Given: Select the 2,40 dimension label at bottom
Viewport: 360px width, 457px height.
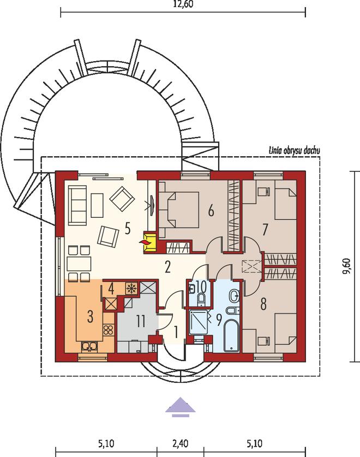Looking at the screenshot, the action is (x=181, y=444).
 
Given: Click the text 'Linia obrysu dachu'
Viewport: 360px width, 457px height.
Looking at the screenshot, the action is (x=294, y=151).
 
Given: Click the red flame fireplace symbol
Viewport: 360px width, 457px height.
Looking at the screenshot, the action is (x=145, y=242).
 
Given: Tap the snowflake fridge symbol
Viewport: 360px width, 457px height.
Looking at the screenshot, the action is (x=131, y=288).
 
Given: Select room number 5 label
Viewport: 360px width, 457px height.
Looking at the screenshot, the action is (x=127, y=228).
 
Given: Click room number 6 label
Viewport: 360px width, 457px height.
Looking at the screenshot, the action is (x=211, y=210).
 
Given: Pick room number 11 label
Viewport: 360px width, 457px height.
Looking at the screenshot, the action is (x=141, y=321).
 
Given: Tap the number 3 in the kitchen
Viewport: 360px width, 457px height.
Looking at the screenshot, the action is (x=91, y=317).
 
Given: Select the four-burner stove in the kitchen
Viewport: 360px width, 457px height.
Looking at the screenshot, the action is (x=108, y=330).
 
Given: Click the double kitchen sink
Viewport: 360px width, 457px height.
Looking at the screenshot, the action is (x=89, y=346).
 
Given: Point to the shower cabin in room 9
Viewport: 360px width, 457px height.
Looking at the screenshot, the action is (x=199, y=322).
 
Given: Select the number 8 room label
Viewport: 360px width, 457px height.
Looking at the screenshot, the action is (x=263, y=304).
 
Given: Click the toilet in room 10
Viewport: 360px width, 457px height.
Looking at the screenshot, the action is (x=201, y=299).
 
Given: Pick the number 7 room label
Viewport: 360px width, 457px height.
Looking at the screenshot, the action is (x=265, y=230).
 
